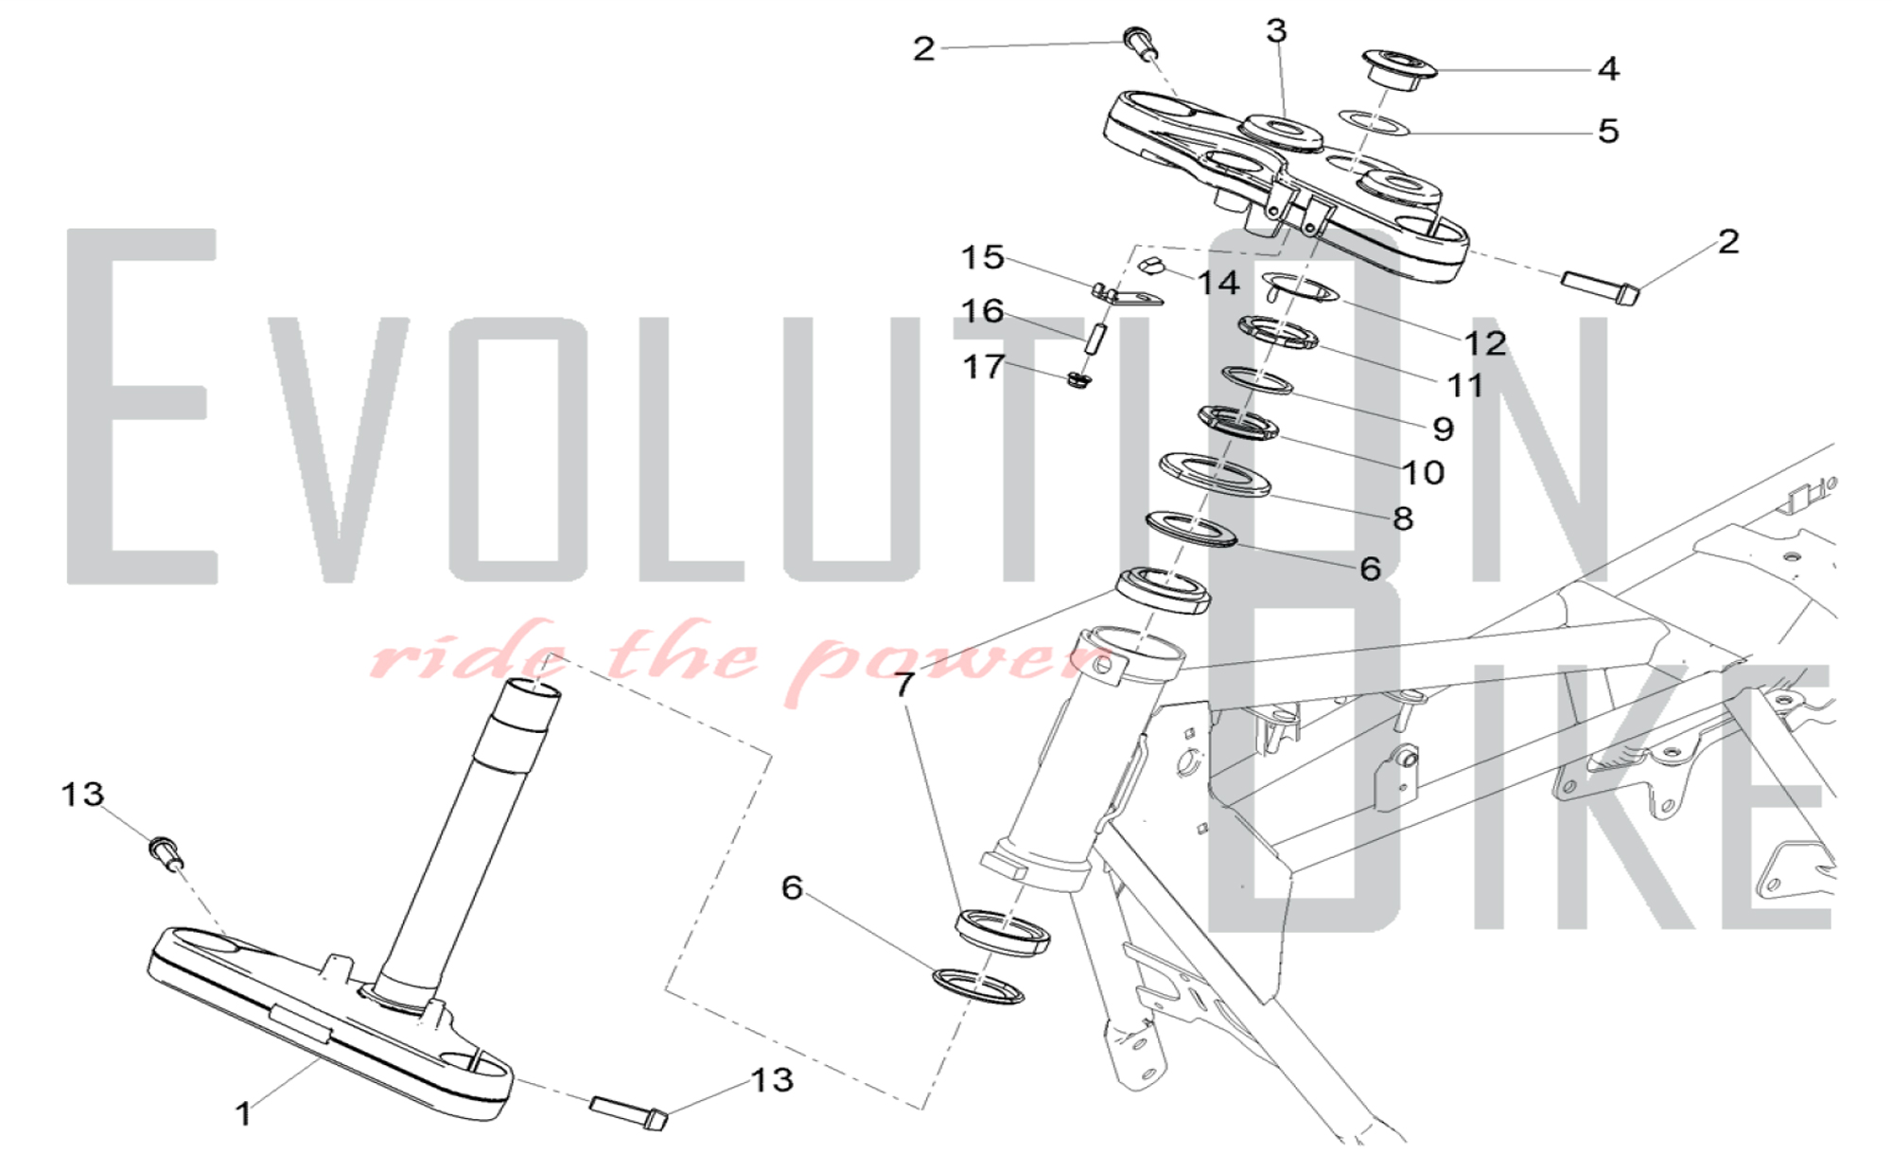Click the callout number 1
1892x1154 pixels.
[244, 1113]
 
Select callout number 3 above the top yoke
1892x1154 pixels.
[1277, 31]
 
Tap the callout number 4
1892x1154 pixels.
[1608, 68]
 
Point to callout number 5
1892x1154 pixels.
[1608, 131]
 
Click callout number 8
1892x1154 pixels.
[1403, 518]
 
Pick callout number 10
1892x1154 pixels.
[1423, 472]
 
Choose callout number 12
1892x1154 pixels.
[1485, 342]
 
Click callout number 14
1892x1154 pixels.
[1218, 282]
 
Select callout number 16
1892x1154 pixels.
[982, 310]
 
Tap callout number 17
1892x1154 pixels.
[983, 366]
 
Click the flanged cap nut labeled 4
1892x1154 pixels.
[1399, 69]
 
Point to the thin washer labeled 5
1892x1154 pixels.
[1374, 122]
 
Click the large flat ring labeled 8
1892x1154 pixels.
[1216, 474]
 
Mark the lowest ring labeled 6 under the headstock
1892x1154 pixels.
[978, 986]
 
